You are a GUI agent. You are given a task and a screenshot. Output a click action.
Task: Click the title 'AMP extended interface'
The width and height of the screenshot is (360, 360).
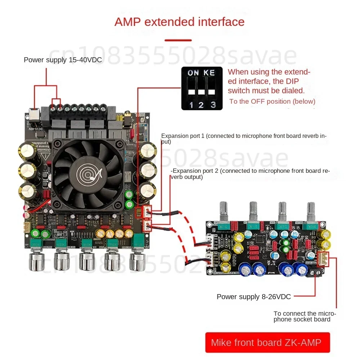click(179, 22)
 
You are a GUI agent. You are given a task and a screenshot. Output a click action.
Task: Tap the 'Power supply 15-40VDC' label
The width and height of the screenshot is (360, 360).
click(63, 60)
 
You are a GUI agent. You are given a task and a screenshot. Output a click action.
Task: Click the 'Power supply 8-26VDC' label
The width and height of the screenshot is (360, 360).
click(253, 297)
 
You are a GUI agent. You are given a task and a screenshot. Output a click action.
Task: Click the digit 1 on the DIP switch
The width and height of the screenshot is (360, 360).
click(192, 105)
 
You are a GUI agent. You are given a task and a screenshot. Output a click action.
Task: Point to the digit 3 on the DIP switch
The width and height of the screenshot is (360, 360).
click(213, 105)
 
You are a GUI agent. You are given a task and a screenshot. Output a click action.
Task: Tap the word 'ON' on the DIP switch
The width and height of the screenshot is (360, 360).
click(193, 73)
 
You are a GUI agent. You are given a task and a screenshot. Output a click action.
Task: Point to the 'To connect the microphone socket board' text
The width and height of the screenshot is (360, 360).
click(305, 316)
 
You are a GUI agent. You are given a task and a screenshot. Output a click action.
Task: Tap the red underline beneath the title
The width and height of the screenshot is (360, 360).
click(178, 40)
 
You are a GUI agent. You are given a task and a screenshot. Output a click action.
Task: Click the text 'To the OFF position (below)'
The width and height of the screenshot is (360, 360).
click(272, 102)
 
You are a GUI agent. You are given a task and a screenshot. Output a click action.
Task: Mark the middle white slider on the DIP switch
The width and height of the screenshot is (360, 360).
click(201, 92)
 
